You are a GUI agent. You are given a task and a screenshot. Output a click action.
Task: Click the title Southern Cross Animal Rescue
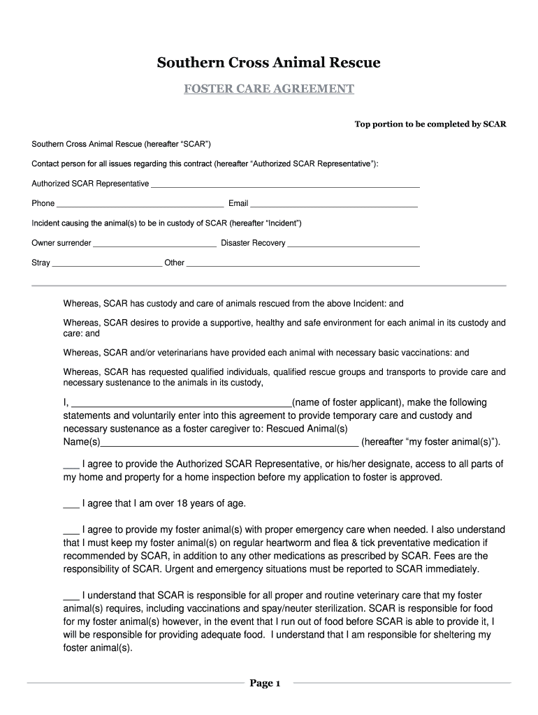click(x=268, y=63)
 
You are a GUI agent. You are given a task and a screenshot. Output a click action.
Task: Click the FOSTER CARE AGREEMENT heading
click(x=268, y=89)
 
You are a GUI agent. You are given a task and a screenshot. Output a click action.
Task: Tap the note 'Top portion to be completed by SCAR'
click(x=430, y=124)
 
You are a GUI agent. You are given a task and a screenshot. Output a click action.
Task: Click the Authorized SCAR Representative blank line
click(x=285, y=186)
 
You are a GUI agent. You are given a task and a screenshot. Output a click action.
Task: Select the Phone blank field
click(x=140, y=205)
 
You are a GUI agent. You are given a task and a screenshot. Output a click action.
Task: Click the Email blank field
click(x=334, y=205)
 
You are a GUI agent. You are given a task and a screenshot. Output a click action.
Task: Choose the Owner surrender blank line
click(x=154, y=245)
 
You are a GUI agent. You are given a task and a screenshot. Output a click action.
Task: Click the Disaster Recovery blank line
click(x=354, y=245)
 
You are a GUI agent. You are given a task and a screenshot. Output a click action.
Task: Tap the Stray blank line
click(x=107, y=265)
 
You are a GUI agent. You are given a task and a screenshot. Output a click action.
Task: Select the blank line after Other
click(x=303, y=265)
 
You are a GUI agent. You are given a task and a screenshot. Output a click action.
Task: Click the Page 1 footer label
click(x=265, y=683)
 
